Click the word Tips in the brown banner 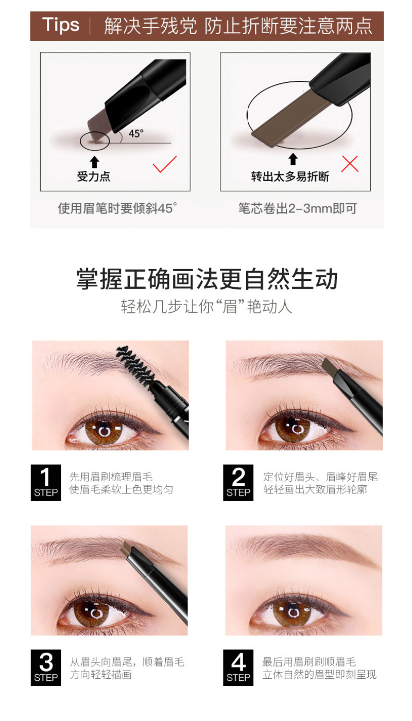click(61, 25)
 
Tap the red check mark click(165, 164)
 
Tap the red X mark click(350, 164)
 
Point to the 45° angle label click(136, 133)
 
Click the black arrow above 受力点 click(94, 162)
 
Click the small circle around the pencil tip click(95, 141)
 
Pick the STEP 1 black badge click(46, 483)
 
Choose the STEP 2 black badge click(238, 483)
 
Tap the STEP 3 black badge click(46, 667)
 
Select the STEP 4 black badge click(238, 667)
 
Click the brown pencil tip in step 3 click(127, 548)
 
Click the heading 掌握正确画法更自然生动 click(207, 279)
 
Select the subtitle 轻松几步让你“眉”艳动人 click(207, 306)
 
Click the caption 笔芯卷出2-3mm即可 click(297, 208)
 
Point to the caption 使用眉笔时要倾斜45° click(117, 208)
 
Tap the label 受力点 click(94, 177)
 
